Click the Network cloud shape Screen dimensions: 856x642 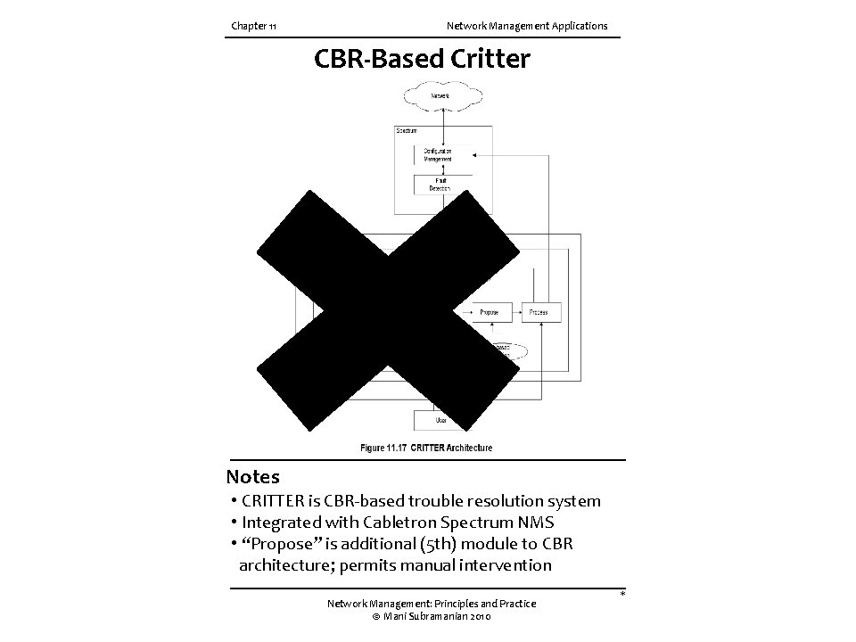pyautogui.click(x=440, y=95)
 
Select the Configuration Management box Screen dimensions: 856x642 pyautogui.click(x=439, y=155)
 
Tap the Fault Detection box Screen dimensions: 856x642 pyautogui.click(x=439, y=185)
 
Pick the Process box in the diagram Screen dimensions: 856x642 pyautogui.click(x=539, y=312)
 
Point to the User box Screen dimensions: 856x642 pyautogui.click(x=440, y=419)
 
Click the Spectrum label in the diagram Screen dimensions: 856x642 pyautogui.click(x=407, y=131)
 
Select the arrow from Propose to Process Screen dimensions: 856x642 pyautogui.click(x=516, y=312)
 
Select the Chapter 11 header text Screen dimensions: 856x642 pyautogui.click(x=253, y=26)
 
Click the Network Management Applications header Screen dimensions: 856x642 pyautogui.click(x=527, y=26)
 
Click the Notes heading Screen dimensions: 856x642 pyautogui.click(x=252, y=477)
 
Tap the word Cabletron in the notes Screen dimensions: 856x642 pyautogui.click(x=396, y=523)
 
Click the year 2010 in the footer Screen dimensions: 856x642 pyautogui.click(x=478, y=616)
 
